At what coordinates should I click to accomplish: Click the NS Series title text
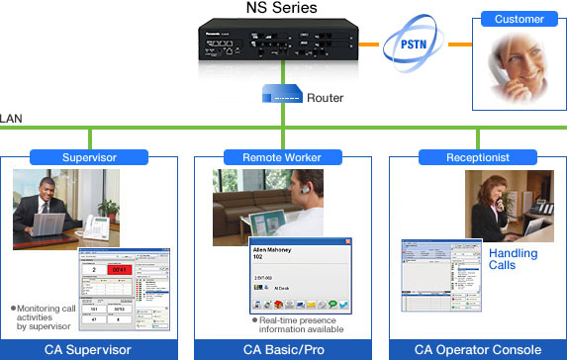click(284, 10)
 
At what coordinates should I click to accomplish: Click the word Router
click(326, 98)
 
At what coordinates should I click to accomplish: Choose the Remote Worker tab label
click(282, 156)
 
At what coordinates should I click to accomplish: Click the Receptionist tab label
click(478, 156)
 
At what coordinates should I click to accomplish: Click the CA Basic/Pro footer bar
click(283, 349)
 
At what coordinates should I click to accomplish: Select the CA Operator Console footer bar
click(478, 349)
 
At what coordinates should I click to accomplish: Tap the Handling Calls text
click(515, 259)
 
